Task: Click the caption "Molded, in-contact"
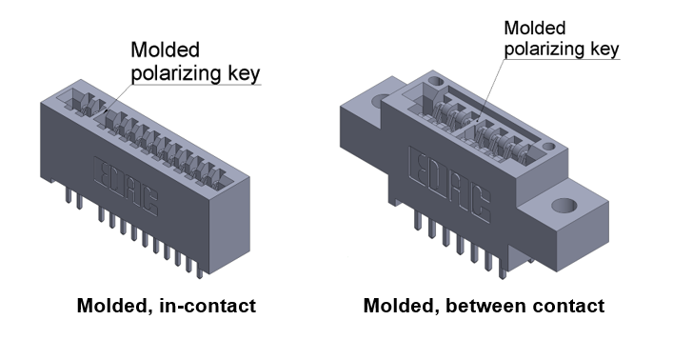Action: pos(168,307)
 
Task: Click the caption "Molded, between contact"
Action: pos(484,307)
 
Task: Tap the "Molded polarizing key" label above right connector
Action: pos(562,38)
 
